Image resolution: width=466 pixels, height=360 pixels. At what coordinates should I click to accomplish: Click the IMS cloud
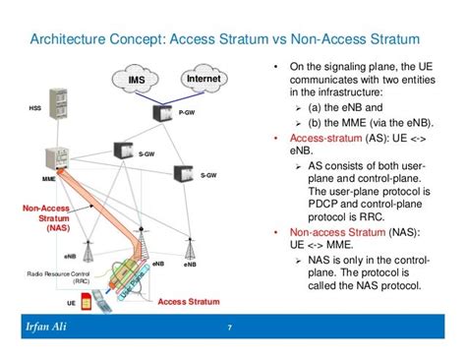pyautogui.click(x=135, y=79)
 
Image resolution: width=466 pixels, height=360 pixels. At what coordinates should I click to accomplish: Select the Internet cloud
pyautogui.click(x=207, y=78)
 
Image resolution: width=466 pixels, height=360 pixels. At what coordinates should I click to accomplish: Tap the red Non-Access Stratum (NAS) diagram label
pyautogui.click(x=45, y=217)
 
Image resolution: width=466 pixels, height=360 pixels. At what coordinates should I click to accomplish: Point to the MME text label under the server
pyautogui.click(x=48, y=181)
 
